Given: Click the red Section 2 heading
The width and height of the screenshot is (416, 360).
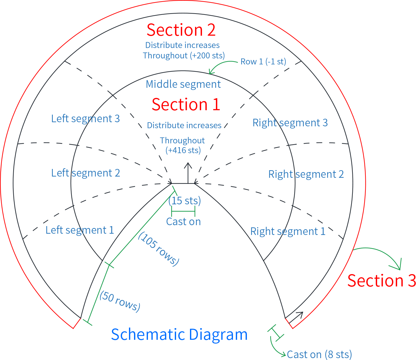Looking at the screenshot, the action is click(181, 30).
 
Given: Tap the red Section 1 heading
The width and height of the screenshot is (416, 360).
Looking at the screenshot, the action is click(186, 104).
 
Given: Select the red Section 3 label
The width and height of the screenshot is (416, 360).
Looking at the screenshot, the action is click(382, 281).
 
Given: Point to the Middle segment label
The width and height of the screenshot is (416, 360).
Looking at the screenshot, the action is click(183, 84).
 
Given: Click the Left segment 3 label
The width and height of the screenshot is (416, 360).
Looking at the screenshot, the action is click(86, 119).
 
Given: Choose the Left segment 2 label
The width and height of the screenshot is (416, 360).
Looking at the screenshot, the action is click(86, 173).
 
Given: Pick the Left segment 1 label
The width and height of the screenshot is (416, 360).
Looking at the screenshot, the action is click(80, 230).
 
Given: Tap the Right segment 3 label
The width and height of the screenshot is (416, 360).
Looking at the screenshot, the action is click(290, 123).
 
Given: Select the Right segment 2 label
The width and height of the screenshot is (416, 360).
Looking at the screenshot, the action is click(306, 174).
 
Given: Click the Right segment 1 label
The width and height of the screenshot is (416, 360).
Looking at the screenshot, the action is click(288, 231).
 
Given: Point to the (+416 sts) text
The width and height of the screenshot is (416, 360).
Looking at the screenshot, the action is click(183, 150).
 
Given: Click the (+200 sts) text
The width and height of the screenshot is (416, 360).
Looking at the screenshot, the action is click(207, 56).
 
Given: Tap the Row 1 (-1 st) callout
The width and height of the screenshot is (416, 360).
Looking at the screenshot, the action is click(263, 62).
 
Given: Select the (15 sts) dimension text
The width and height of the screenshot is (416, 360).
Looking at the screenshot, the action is click(185, 201).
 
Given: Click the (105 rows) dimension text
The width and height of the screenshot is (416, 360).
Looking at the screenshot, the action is click(159, 249).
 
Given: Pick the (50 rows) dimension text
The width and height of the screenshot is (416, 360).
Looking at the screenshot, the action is click(120, 302).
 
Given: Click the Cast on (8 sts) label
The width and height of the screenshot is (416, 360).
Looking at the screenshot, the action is click(319, 354).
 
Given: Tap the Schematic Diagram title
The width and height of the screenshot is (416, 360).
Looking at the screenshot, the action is click(179, 334).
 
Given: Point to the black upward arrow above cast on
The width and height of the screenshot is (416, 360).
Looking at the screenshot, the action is click(188, 173).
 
